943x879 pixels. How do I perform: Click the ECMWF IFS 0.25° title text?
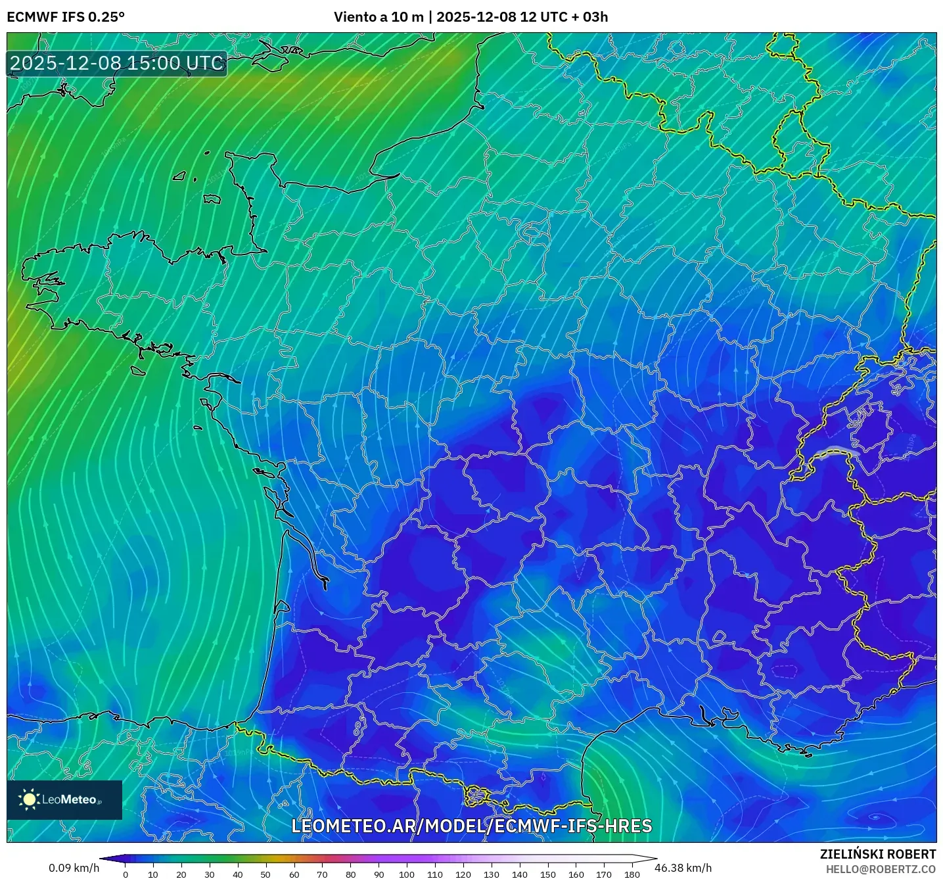(66, 17)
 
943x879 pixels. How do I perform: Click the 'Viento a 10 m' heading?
(379, 17)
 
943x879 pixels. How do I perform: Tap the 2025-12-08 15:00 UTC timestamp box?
(117, 63)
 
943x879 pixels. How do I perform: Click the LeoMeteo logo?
(64, 799)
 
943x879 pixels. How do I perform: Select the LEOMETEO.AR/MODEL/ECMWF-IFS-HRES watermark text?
(471, 826)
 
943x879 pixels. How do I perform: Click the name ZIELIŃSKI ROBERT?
(878, 854)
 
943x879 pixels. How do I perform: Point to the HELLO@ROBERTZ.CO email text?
(881, 869)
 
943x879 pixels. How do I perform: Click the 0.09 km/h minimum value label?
(74, 868)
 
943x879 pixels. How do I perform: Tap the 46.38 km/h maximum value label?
(683, 868)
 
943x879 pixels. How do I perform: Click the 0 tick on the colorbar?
(126, 874)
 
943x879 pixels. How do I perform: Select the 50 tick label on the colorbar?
(265, 874)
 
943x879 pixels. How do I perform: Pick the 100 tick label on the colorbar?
(407, 874)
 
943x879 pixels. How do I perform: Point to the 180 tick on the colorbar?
(632, 874)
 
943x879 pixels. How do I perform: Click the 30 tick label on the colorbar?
(210, 874)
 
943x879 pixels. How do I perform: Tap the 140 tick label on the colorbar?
(519, 874)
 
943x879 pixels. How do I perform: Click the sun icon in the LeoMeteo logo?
(29, 799)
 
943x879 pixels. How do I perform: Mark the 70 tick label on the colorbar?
(322, 874)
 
